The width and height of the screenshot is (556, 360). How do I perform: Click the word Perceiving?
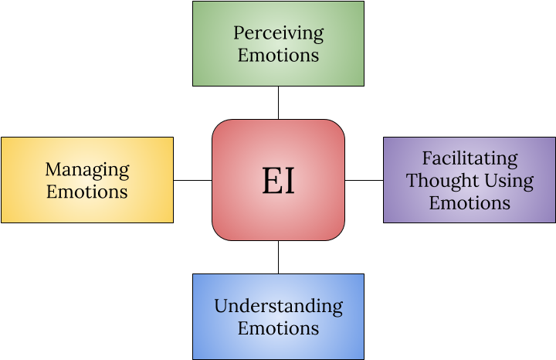click(278, 33)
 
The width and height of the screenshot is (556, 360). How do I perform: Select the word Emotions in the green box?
click(278, 55)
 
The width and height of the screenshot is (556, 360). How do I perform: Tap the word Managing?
click(87, 169)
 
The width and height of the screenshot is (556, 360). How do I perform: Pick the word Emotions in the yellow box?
click(87, 191)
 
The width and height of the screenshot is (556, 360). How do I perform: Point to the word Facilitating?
click(470, 158)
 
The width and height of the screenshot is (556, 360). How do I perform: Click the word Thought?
click(437, 181)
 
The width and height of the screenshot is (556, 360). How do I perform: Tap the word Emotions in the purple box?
click(470, 202)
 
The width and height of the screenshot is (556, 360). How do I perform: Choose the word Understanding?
click(278, 306)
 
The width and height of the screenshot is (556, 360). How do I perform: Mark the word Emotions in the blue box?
click(278, 328)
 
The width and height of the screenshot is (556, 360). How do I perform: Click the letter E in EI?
click(270, 181)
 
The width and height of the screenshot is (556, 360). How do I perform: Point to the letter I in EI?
click(289, 181)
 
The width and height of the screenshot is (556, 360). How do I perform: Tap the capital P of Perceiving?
click(239, 33)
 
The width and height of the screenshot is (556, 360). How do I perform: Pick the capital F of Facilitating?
click(427, 158)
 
